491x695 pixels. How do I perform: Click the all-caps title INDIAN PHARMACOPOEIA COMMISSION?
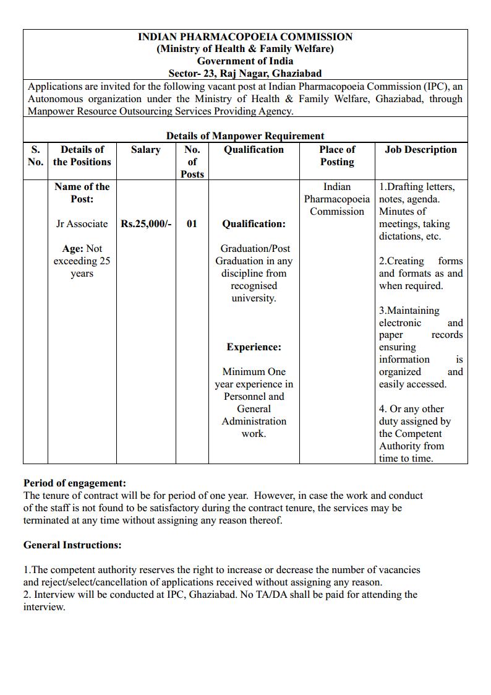(x=245, y=37)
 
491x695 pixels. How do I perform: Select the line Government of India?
(x=245, y=61)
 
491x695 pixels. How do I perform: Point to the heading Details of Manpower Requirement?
(x=245, y=136)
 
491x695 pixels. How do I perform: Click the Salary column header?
(x=145, y=150)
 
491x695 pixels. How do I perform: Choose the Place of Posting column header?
(x=337, y=155)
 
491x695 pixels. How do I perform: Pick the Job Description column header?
(x=421, y=150)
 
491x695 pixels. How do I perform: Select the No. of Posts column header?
(x=192, y=162)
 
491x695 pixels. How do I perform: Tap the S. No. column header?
(x=35, y=155)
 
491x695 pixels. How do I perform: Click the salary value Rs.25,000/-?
(x=146, y=224)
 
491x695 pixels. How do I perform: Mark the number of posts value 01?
(x=192, y=224)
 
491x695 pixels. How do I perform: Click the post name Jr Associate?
(x=82, y=224)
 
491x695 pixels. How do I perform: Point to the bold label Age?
(x=72, y=249)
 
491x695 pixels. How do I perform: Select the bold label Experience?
(x=254, y=347)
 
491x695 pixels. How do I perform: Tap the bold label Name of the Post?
(x=82, y=192)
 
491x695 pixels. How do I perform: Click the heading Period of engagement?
(x=74, y=483)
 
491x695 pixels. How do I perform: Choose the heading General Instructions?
(x=72, y=545)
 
